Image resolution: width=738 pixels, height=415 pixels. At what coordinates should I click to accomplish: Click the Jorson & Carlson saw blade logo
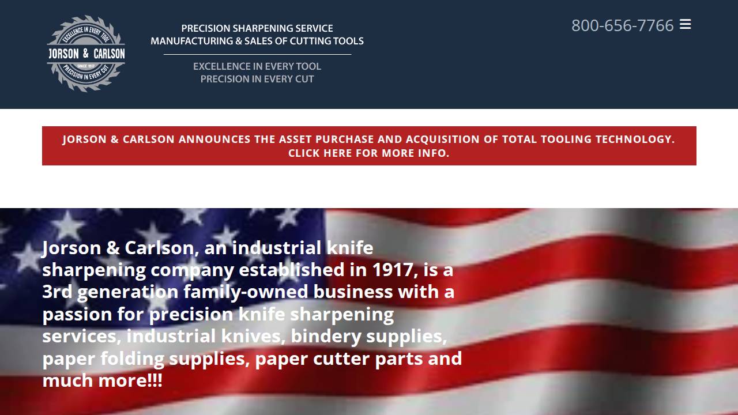click(86, 54)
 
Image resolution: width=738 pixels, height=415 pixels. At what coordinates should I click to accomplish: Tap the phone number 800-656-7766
click(622, 25)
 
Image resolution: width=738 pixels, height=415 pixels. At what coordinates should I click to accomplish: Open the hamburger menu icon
click(685, 24)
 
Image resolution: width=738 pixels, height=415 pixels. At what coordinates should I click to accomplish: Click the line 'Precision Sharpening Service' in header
click(257, 28)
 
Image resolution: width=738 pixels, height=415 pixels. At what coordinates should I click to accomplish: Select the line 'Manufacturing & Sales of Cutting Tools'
click(257, 41)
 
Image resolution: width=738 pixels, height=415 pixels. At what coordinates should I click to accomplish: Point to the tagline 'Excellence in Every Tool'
click(257, 66)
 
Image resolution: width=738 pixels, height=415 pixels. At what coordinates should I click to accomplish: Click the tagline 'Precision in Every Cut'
click(257, 79)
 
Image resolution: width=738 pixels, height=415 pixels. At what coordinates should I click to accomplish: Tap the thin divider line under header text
click(257, 54)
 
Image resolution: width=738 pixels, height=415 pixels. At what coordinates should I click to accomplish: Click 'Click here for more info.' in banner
click(368, 153)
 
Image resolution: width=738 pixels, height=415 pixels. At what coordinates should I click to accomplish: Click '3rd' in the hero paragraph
click(57, 292)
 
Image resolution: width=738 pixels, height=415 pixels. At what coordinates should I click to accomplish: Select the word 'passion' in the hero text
click(77, 314)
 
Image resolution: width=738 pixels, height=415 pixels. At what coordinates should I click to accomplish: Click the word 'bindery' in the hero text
click(326, 336)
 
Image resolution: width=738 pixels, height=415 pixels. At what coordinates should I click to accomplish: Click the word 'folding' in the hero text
click(132, 359)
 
